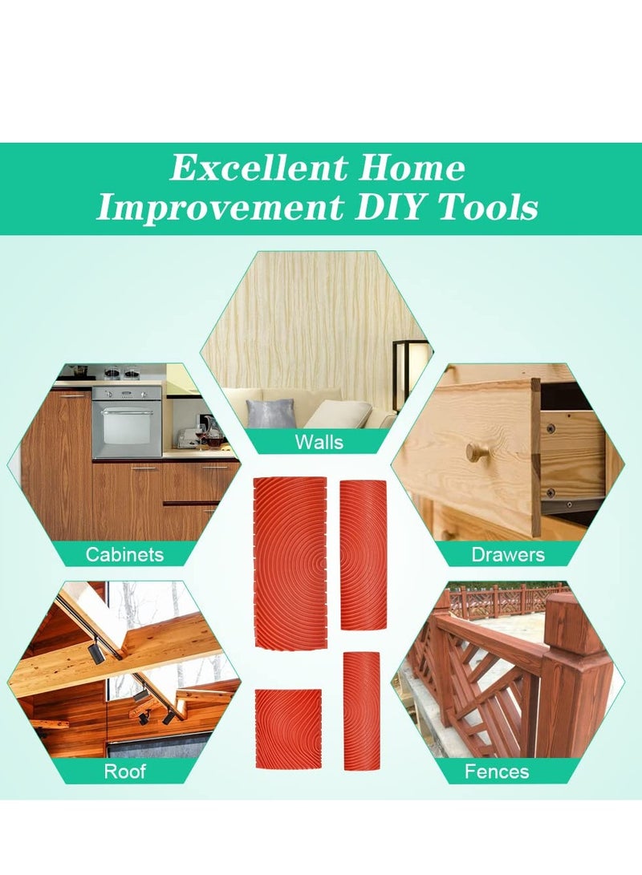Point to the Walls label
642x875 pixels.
(x=319, y=442)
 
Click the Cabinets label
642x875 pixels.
(x=124, y=554)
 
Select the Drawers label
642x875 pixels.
(x=508, y=554)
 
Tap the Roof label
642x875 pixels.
(x=125, y=772)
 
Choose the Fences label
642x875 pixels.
(x=497, y=772)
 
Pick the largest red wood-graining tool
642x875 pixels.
(x=291, y=561)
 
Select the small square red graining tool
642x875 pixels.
(x=289, y=727)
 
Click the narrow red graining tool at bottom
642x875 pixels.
(x=361, y=711)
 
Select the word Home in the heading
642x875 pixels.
(x=411, y=168)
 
